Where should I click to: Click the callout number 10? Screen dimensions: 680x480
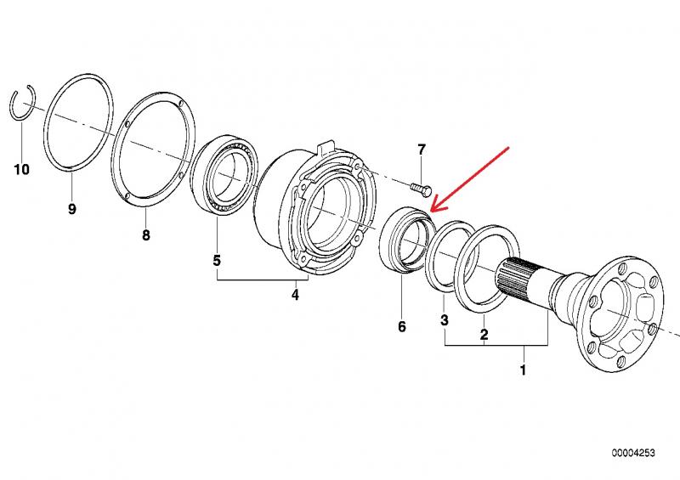click(22, 169)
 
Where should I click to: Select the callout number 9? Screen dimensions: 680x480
click(72, 209)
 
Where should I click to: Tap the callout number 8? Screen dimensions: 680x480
click(145, 235)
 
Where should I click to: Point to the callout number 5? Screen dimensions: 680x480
click(217, 261)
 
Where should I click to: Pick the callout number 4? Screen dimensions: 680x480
click(295, 295)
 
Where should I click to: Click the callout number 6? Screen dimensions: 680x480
click(402, 326)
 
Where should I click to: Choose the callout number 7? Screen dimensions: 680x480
click(422, 150)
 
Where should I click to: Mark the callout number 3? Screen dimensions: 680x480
click(444, 320)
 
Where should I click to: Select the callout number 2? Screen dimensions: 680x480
click(484, 335)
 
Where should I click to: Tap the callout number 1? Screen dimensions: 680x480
click(523, 370)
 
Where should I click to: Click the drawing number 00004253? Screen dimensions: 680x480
click(633, 453)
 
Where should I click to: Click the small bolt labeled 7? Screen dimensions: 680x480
click(421, 188)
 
